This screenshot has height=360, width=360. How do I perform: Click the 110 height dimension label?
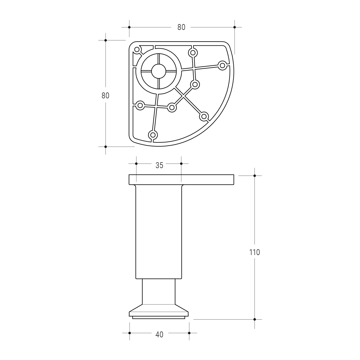(x=254, y=252)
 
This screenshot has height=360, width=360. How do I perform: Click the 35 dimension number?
(x=159, y=165)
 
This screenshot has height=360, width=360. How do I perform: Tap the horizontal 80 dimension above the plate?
(x=181, y=27)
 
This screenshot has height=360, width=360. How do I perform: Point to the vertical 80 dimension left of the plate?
(x=105, y=96)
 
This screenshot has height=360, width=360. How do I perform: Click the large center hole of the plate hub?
(x=159, y=71)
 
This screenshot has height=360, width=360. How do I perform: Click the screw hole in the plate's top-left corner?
(x=137, y=50)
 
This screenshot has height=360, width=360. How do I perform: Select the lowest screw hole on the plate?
(x=153, y=135)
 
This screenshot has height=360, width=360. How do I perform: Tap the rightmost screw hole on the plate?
(x=222, y=66)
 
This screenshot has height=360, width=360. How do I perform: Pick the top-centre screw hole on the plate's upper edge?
(x=193, y=53)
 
